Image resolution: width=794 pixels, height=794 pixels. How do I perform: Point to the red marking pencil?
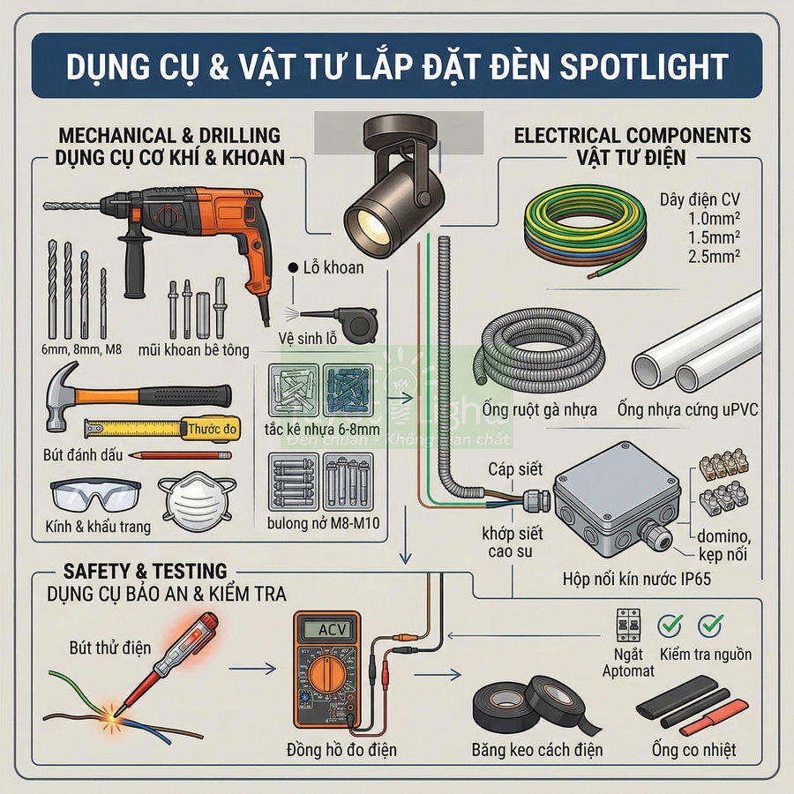[181, 455]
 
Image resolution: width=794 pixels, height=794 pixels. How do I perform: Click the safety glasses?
[94, 495]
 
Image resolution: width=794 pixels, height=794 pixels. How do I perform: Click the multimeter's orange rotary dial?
[327, 678]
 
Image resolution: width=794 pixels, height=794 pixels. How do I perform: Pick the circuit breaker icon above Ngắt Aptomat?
[628, 625]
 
